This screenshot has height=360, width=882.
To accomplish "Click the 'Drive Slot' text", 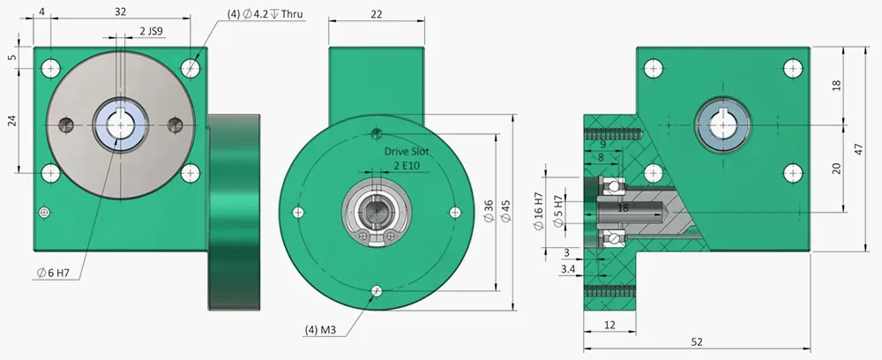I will pyautogui.click(x=407, y=152).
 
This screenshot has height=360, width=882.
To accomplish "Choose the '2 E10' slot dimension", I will pyautogui.click(x=407, y=166).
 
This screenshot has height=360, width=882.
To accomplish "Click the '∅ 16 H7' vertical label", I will pyautogui.click(x=539, y=209).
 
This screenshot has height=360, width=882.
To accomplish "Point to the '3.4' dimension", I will pyautogui.click(x=569, y=268).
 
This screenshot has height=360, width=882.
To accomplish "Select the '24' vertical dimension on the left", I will pyautogui.click(x=12, y=121).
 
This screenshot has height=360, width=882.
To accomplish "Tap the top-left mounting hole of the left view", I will pyautogui.click(x=52, y=67).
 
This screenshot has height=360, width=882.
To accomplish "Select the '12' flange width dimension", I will pyautogui.click(x=609, y=326).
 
